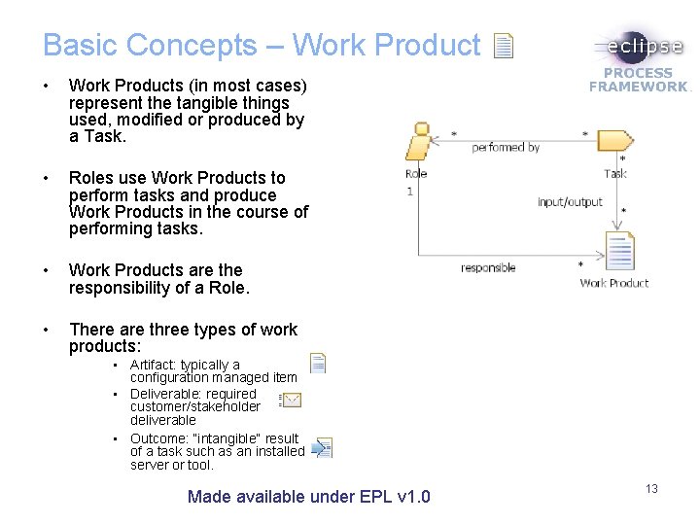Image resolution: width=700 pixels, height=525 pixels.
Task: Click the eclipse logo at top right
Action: [x=639, y=48]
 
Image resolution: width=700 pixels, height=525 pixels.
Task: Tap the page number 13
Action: [x=651, y=488]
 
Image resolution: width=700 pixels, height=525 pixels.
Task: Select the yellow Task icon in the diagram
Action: [x=614, y=140]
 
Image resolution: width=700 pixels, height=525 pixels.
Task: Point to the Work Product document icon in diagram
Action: [x=618, y=251]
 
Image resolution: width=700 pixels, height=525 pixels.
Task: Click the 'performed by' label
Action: [x=506, y=148]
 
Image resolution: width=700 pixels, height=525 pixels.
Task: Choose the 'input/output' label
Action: [x=570, y=202]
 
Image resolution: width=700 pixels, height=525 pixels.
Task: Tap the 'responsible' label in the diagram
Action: [x=488, y=267]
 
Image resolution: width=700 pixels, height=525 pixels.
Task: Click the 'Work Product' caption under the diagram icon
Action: [x=613, y=283]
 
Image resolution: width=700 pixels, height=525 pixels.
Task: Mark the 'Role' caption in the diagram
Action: [x=416, y=174]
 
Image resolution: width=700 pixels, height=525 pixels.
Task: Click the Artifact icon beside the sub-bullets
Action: [x=318, y=364]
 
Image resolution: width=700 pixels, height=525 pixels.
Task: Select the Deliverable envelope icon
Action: [x=290, y=400]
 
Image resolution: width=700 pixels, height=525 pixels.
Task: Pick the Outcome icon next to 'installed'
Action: [x=323, y=448]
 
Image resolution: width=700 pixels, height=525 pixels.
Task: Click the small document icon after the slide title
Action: [x=503, y=46]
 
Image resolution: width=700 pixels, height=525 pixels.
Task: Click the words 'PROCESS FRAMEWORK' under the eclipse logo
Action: [x=639, y=80]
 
